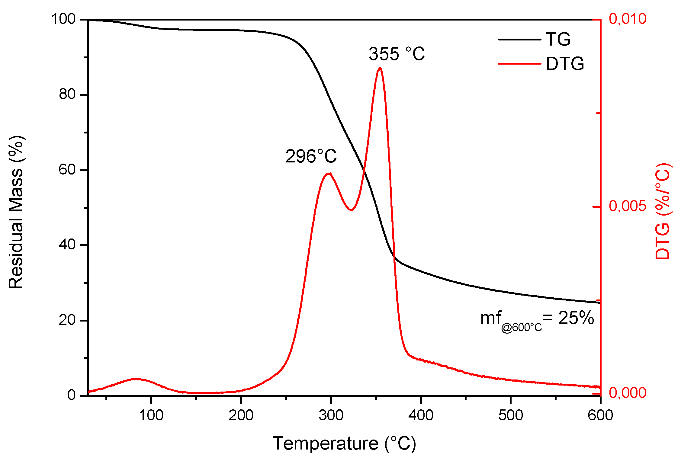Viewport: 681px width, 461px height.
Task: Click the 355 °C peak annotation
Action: [x=397, y=54]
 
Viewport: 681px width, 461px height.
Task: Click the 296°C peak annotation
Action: [x=311, y=156]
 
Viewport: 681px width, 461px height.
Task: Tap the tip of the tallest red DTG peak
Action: [x=380, y=68]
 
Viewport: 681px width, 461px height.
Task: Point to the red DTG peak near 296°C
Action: [x=329, y=174]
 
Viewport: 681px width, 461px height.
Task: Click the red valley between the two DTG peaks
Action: [x=351, y=210]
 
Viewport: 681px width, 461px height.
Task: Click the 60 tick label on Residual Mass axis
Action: [x=67, y=170]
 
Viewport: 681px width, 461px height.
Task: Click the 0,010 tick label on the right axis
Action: [x=627, y=19]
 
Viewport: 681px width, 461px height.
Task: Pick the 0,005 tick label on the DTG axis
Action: [x=627, y=206]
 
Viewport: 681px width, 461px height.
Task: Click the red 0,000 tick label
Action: [x=627, y=392]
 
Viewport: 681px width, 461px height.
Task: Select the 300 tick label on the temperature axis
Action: [x=331, y=415]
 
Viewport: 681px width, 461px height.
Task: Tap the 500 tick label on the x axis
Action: [x=510, y=415]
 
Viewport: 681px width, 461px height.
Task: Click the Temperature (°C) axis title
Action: [x=344, y=443]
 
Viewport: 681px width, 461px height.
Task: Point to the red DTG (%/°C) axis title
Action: [x=663, y=211]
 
